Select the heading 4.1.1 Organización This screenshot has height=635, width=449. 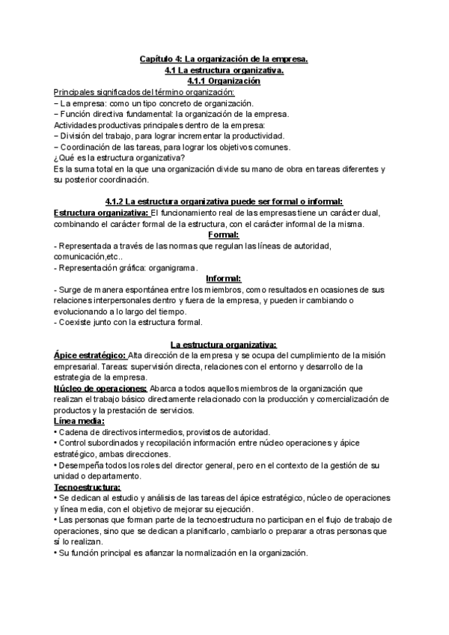224,80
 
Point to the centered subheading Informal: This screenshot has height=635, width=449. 224,278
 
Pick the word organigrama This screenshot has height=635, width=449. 171,267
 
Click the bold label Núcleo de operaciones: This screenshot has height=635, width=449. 100,388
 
